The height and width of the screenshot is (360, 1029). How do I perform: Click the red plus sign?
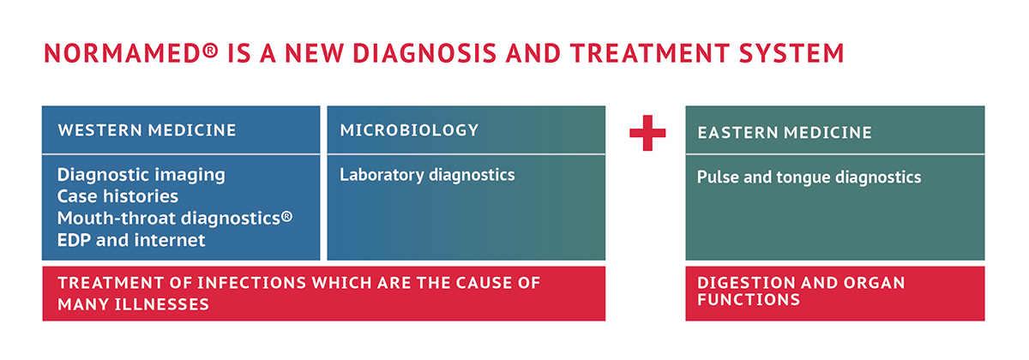click(x=647, y=133)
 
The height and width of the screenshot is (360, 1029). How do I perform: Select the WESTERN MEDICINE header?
click(x=147, y=130)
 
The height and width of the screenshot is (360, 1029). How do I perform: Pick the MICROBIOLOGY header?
click(x=409, y=130)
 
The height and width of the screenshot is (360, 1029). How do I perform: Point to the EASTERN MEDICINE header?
click(x=785, y=133)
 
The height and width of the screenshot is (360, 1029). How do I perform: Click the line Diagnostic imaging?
click(x=141, y=175)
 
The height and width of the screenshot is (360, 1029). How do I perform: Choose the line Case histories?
click(x=117, y=196)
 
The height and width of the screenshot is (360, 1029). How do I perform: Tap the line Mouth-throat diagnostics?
click(x=175, y=218)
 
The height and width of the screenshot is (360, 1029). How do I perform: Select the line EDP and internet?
click(x=131, y=240)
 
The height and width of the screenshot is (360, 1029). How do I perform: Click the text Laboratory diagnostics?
click(x=427, y=175)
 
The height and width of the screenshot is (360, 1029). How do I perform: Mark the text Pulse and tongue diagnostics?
click(x=809, y=177)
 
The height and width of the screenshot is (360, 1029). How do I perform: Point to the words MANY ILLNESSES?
click(x=133, y=304)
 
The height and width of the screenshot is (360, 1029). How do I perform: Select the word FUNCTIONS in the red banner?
click(x=749, y=300)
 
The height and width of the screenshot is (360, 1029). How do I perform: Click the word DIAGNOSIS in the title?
click(x=425, y=53)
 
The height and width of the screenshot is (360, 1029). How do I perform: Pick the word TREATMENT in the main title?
click(x=650, y=53)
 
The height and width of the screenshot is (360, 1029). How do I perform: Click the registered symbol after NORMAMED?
click(x=210, y=50)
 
